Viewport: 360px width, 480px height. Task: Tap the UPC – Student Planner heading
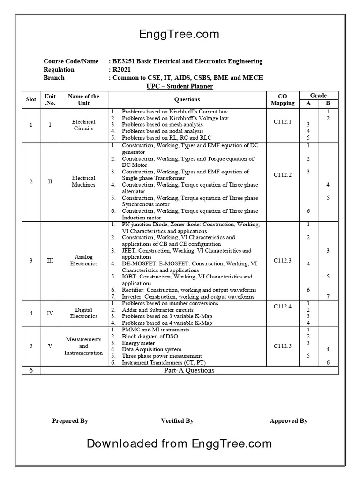[x=180, y=87]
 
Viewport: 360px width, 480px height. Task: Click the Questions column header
[x=187, y=99]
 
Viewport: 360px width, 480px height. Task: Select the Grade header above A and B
[x=318, y=95]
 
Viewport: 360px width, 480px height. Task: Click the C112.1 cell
[x=283, y=122]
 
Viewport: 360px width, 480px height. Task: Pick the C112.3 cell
[x=283, y=260]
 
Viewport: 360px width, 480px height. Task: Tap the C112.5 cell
[x=283, y=346]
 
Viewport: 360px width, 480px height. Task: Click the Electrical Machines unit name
[x=83, y=181]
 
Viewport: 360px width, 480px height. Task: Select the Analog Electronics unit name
[x=83, y=260]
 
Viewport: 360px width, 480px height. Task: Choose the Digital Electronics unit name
[x=83, y=313]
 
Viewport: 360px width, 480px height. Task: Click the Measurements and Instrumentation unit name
[x=83, y=346]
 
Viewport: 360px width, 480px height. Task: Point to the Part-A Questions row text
[x=189, y=370]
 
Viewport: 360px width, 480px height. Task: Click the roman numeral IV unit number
[x=50, y=313]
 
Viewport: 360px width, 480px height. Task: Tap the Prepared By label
[x=70, y=421]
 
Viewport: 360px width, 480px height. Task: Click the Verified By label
[x=177, y=421]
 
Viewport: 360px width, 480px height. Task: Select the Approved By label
[x=288, y=421]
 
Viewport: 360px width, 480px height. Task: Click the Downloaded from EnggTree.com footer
[x=179, y=443]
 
